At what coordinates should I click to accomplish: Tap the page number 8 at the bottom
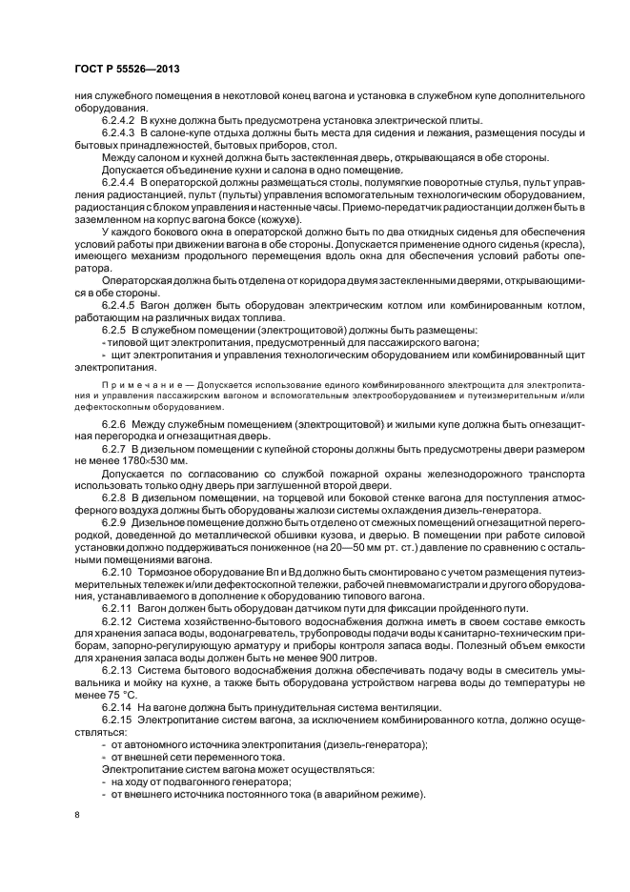(x=78, y=815)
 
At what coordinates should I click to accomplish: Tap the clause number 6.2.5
(x=114, y=329)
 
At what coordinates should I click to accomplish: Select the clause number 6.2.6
(x=114, y=421)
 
